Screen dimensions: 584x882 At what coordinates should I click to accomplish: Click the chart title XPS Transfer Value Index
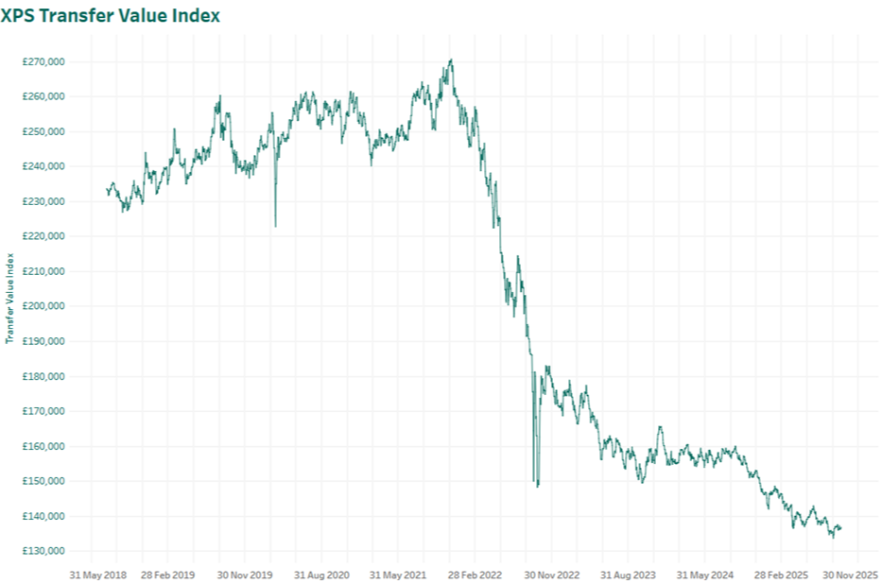click(x=112, y=16)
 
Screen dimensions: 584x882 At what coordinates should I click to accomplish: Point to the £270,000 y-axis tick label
click(x=45, y=61)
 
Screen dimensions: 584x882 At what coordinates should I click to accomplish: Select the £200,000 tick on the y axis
click(x=45, y=306)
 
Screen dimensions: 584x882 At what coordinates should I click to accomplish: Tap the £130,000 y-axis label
click(x=45, y=551)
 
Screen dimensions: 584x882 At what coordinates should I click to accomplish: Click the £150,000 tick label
click(x=45, y=481)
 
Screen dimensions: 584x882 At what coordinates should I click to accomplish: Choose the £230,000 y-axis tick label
click(x=45, y=201)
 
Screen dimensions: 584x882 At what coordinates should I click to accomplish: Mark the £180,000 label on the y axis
click(x=45, y=376)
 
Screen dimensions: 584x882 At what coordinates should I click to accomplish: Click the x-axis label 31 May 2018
click(x=98, y=574)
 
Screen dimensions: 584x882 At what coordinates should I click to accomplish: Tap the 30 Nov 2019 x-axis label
click(x=245, y=574)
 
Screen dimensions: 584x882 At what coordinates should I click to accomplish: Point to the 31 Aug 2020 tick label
click(x=321, y=574)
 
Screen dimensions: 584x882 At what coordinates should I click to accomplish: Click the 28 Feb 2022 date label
click(x=474, y=574)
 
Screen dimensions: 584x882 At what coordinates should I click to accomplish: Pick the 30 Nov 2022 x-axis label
click(x=551, y=574)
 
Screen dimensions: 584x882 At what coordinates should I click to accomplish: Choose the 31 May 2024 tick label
click(x=705, y=574)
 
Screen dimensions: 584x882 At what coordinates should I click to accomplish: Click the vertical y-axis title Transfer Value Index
click(x=9, y=298)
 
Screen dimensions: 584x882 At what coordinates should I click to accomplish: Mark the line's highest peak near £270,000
click(x=451, y=60)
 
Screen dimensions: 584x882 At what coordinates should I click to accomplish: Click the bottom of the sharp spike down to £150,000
click(x=538, y=486)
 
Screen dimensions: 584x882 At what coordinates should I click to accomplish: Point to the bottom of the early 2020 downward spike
click(x=275, y=226)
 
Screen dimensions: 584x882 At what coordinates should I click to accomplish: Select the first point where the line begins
click(x=106, y=190)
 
